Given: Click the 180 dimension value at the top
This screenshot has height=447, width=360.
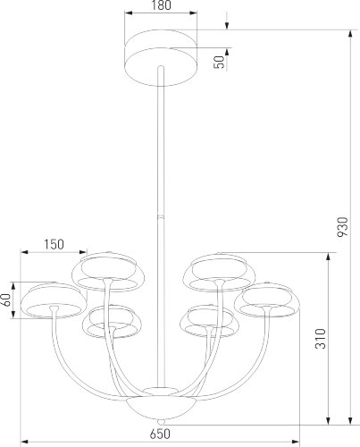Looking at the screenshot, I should pyautogui.click(x=161, y=7).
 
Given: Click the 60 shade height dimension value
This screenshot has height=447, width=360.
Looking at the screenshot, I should pyautogui.click(x=7, y=301).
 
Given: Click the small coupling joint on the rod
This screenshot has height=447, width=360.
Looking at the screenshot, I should pyautogui.click(x=161, y=215).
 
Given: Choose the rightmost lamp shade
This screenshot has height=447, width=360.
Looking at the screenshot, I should pyautogui.click(x=269, y=302).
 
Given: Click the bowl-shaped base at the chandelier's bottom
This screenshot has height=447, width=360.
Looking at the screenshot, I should pyautogui.click(x=161, y=404).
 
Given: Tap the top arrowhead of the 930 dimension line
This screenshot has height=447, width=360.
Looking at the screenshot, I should pyautogui.click(x=347, y=31).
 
